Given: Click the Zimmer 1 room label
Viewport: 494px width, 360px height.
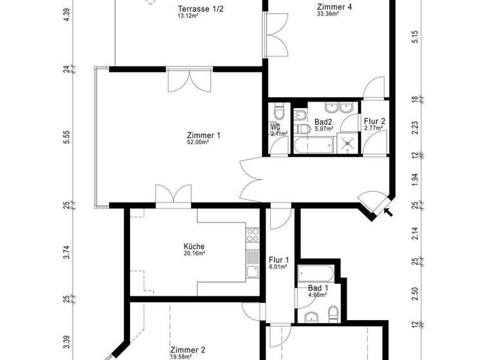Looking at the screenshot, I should pyautogui.click(x=203, y=135).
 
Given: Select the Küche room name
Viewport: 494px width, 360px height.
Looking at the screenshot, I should pyautogui.click(x=194, y=246).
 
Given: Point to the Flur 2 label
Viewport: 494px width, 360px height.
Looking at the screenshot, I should pyautogui.click(x=374, y=121).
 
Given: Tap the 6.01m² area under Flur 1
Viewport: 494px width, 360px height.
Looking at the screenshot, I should pyautogui.click(x=278, y=267).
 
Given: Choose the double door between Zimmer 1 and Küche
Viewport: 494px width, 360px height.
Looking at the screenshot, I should pyautogui.click(x=174, y=195).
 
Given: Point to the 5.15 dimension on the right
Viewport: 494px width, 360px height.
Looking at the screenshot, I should pyautogui.click(x=416, y=37).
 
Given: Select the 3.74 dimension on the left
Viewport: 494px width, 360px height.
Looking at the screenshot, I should pyautogui.click(x=67, y=252).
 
